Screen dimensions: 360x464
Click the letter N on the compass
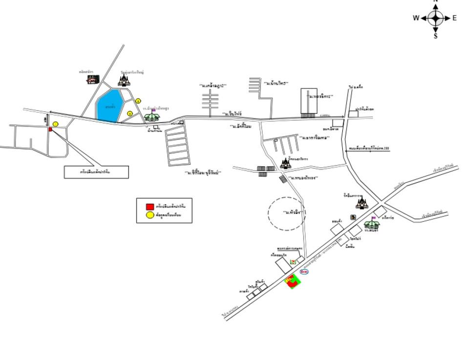point(436,1)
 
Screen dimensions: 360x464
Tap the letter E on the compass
point(455,18)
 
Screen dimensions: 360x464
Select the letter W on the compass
point(416,18)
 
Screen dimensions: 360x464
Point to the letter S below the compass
point(436,35)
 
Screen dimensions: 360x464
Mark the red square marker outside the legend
point(50,129)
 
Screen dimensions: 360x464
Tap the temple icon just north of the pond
point(125,80)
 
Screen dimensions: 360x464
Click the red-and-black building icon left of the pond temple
point(92,79)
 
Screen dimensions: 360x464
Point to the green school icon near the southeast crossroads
point(372,224)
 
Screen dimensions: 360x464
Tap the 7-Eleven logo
point(293,262)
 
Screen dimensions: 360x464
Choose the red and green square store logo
point(292,281)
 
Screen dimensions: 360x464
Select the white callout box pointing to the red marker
point(96,172)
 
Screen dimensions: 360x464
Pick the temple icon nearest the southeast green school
point(362,203)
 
